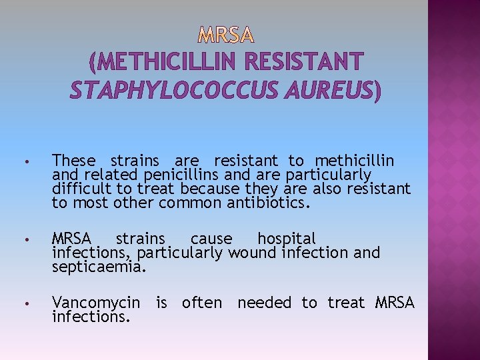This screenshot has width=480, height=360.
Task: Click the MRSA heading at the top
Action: pos(226,33)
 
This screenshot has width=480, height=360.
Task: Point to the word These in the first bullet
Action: pos(74,161)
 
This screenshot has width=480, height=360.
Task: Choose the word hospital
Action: pos(287,239)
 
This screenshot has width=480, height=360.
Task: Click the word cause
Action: pos(211,239)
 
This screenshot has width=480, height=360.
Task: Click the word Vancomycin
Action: pos(96,303)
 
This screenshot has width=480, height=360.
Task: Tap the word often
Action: pos(202,303)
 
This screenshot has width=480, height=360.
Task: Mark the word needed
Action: pos(264,303)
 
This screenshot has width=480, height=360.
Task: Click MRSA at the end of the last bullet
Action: pos(395,303)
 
